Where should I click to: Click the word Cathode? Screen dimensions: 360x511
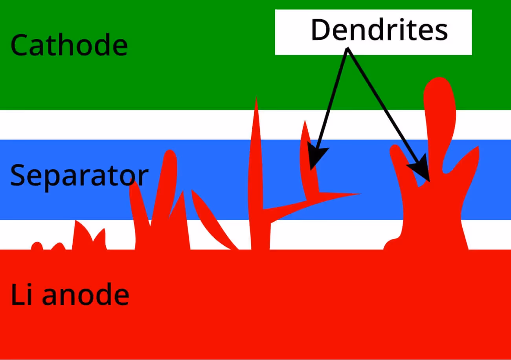tap(69, 45)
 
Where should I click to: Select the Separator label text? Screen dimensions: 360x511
tap(79, 176)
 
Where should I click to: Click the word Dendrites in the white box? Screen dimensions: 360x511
tap(379, 31)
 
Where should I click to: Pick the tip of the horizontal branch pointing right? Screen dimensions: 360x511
tap(358, 194)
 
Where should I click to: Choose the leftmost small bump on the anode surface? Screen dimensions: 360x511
tap(37, 245)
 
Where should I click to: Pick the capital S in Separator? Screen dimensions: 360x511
tap(18, 176)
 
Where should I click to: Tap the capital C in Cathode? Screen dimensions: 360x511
tap(19, 45)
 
